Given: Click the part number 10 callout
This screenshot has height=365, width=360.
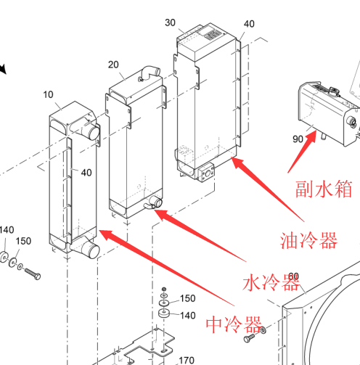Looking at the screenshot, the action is [48, 94].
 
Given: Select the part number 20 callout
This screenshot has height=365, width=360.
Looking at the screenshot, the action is [113, 65].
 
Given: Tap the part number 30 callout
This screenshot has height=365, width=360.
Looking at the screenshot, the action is [170, 22].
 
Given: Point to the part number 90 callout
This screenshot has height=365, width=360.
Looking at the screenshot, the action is [298, 139].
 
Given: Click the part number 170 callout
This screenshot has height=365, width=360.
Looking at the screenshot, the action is [187, 361].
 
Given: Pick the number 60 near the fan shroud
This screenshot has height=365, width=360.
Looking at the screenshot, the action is [294, 276].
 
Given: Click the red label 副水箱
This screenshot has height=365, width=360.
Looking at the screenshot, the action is [324, 189].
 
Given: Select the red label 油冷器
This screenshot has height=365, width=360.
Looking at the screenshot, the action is [308, 240].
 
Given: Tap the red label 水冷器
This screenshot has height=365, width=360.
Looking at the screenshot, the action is [271, 282].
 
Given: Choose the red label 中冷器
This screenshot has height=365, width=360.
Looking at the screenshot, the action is [234, 324].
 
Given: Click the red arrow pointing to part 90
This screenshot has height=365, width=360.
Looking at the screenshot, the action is [302, 152].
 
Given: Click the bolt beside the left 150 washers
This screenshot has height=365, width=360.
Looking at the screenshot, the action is [33, 274].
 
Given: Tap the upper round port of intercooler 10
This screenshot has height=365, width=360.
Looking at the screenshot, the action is [94, 132].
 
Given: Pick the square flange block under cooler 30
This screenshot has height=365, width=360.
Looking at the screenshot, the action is [206, 173].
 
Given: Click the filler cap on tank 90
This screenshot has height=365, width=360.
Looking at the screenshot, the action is [334, 90].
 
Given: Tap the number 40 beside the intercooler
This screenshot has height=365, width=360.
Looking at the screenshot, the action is [86, 173].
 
